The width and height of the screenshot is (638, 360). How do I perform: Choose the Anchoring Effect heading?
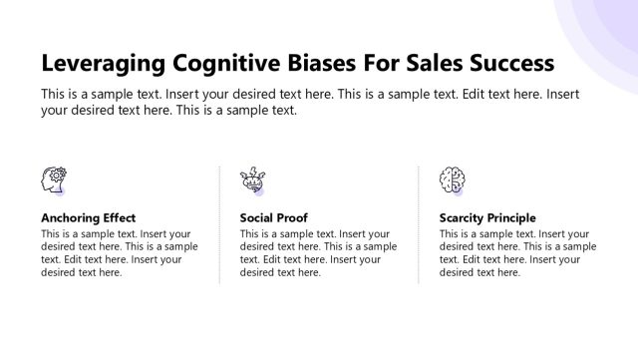(x=88, y=217)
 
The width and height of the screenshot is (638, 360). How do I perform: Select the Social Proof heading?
(x=273, y=217)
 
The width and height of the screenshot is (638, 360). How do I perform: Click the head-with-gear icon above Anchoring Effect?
(x=53, y=180)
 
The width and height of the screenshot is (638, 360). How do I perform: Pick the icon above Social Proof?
(x=252, y=180)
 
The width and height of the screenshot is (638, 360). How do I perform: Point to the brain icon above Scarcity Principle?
(x=452, y=180)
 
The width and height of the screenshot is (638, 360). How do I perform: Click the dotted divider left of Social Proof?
(x=219, y=224)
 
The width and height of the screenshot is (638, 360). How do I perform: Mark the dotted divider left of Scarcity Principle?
(x=419, y=224)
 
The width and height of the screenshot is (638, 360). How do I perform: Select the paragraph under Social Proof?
(x=318, y=253)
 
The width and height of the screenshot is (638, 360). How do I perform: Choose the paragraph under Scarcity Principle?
(x=517, y=253)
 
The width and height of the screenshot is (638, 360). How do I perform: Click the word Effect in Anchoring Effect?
(x=119, y=217)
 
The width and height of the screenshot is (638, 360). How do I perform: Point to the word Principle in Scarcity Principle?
(x=511, y=217)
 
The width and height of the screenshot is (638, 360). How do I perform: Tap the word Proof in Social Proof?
(x=291, y=217)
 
